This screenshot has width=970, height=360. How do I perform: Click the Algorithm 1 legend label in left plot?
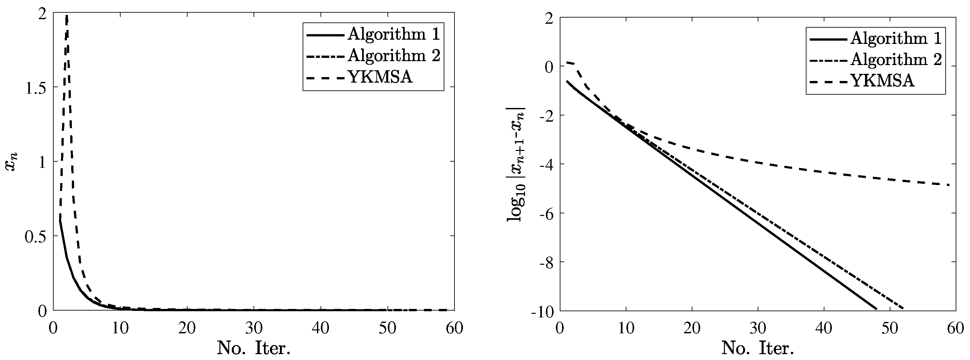pyautogui.click(x=394, y=34)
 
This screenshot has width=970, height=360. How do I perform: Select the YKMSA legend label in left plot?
pyautogui.click(x=380, y=77)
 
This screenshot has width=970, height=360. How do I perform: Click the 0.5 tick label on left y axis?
pyautogui.click(x=36, y=236)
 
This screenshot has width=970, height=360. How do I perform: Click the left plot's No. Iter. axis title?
pyautogui.click(x=254, y=348)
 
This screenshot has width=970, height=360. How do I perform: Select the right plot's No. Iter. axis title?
pyautogui.click(x=758, y=348)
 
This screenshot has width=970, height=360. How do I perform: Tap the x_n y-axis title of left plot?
pyautogui.click(x=12, y=162)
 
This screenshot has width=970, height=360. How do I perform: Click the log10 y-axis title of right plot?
pyautogui.click(x=517, y=164)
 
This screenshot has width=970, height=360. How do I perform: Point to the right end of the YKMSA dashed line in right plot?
pyautogui.click(x=949, y=185)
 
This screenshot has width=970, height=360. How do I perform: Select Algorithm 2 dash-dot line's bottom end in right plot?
pyautogui.click(x=903, y=309)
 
